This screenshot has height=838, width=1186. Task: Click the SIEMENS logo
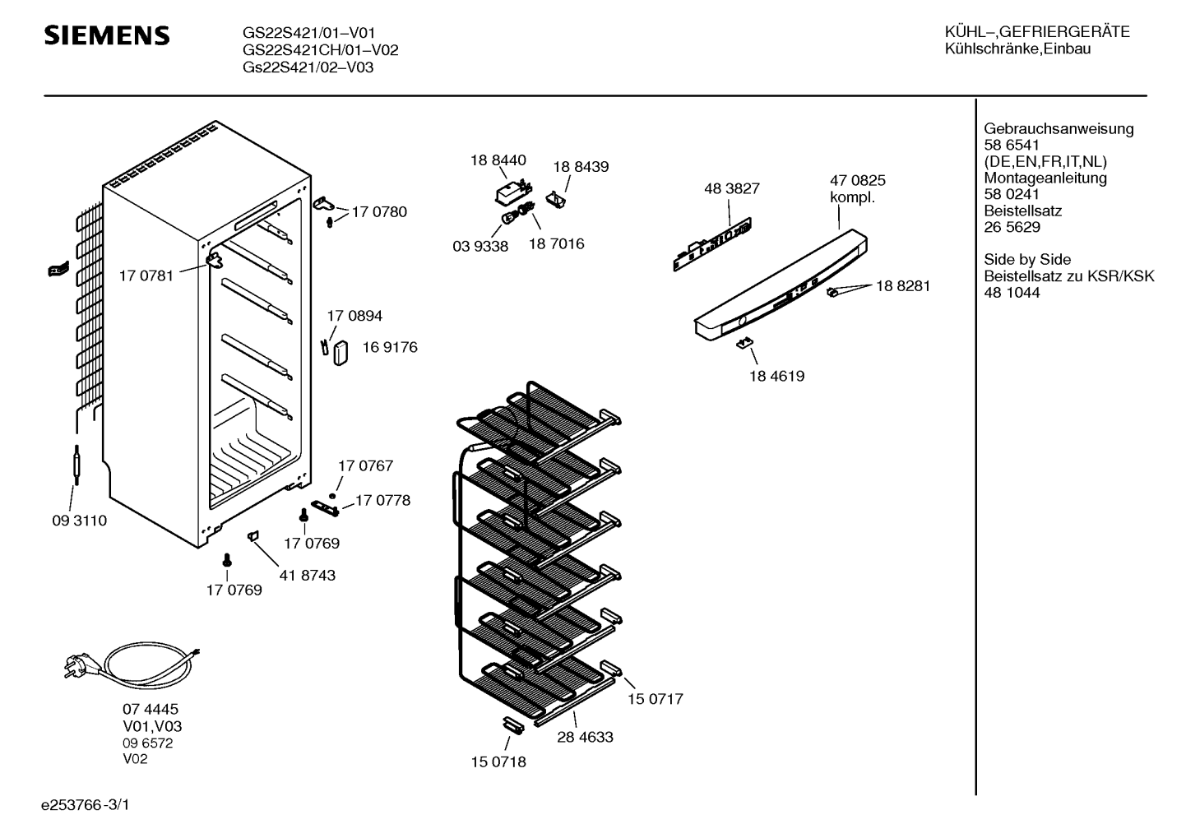pyautogui.click(x=106, y=35)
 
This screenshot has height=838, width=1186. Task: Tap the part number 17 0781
pyautogui.click(x=146, y=275)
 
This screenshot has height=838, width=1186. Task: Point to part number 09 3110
pyautogui.click(x=80, y=521)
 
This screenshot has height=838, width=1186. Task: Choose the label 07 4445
pyautogui.click(x=151, y=709)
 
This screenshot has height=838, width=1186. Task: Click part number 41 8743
pyautogui.click(x=307, y=576)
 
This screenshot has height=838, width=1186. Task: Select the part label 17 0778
pyautogui.click(x=382, y=500)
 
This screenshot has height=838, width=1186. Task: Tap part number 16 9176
pyautogui.click(x=390, y=347)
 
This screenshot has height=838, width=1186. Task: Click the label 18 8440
pyautogui.click(x=498, y=160)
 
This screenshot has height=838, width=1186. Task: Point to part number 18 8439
pyautogui.click(x=581, y=166)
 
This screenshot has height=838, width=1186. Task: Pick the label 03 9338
pyautogui.click(x=480, y=246)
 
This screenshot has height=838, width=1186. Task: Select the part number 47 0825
pyautogui.click(x=858, y=180)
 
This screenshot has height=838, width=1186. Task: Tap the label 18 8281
pyautogui.click(x=903, y=285)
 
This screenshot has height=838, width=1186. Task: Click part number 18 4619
pyautogui.click(x=776, y=376)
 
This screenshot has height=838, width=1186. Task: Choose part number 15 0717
pyautogui.click(x=656, y=699)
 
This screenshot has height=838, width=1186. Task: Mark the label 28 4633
pyautogui.click(x=585, y=737)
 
